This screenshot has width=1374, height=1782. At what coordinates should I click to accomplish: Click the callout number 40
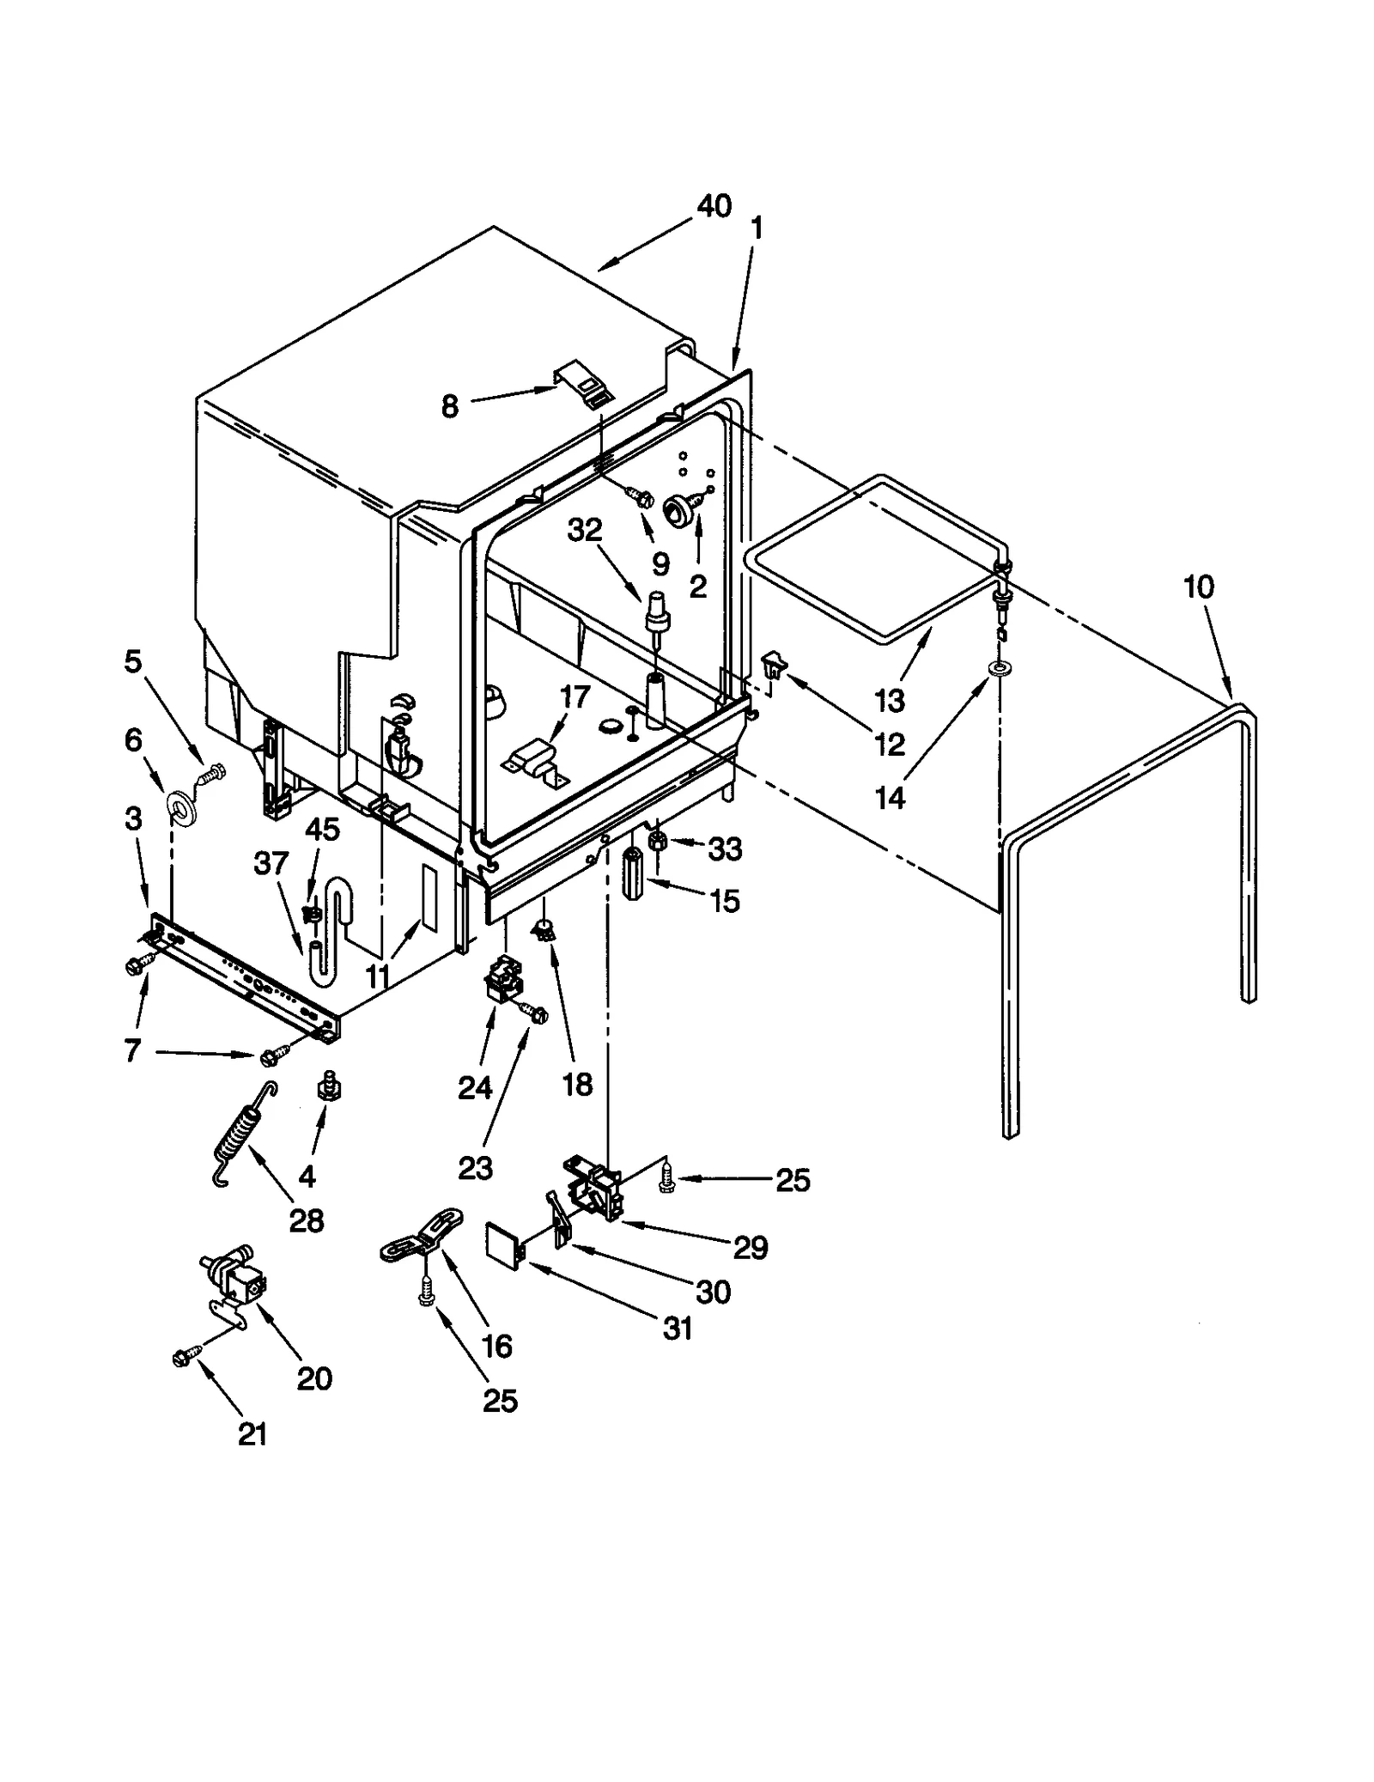(714, 206)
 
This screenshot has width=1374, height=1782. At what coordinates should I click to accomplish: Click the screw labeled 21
(182, 1358)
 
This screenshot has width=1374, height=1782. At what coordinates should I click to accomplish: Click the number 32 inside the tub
(585, 530)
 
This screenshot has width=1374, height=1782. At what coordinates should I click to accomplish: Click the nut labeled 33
(657, 842)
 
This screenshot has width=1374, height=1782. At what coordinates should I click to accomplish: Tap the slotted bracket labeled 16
(423, 1232)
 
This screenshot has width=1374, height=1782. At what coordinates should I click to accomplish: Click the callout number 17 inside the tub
(575, 696)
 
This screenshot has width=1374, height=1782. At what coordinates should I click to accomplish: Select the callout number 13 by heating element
(890, 700)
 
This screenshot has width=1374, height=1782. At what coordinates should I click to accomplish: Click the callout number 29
(750, 1247)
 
